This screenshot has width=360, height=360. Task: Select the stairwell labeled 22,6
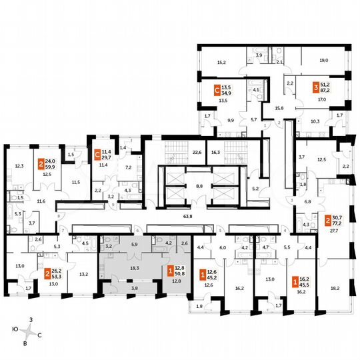[196, 152]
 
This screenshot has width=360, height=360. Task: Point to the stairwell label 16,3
[216, 152]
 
